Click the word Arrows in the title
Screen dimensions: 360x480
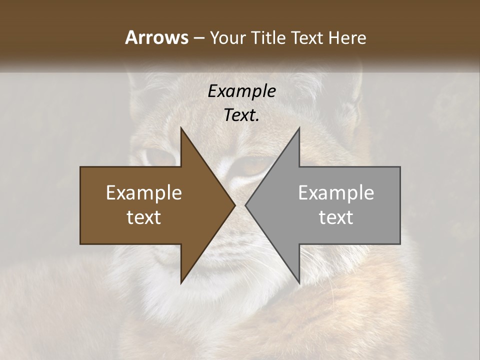coord(156,37)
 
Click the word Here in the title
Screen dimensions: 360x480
coord(347,37)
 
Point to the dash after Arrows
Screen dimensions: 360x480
coord(198,38)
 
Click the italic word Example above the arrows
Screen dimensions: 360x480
coord(241,91)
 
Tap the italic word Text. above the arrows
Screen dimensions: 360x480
coord(241,115)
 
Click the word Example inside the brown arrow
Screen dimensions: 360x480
coord(144,193)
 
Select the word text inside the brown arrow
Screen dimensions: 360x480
coord(144,217)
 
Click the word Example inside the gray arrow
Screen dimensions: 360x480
coord(336,193)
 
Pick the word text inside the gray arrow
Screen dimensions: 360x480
coord(336,217)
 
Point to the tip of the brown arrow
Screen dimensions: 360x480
coord(235,205)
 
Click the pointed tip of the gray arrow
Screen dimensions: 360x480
coord(245,205)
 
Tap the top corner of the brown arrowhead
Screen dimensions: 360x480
coord(181,128)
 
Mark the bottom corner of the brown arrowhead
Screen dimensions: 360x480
coord(181,283)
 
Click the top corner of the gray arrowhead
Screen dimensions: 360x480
coord(299,128)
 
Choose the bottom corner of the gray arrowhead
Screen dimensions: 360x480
coord(299,283)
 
